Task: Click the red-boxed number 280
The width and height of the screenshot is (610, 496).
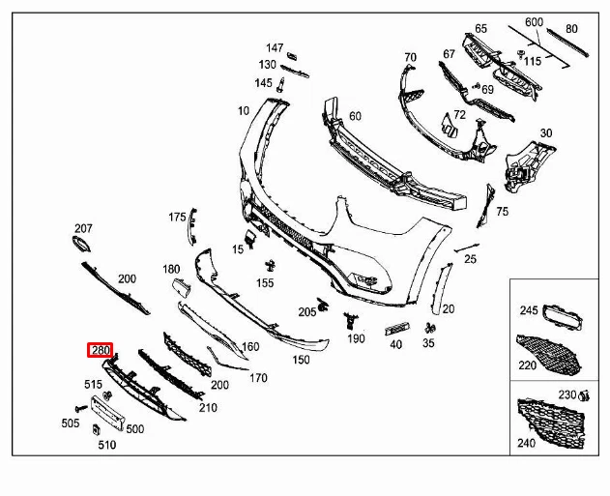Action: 101,350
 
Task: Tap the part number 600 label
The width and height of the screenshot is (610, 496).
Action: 534,22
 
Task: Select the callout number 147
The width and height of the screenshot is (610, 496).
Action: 276,47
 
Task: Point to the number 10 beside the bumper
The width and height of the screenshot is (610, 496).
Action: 243,111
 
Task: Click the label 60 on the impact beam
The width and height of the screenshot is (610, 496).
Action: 355,116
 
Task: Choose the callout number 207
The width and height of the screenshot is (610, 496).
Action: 83,229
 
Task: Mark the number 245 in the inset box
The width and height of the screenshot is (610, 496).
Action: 529,310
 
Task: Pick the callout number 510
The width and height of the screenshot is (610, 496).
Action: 106,445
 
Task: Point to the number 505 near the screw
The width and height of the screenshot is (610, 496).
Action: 71,423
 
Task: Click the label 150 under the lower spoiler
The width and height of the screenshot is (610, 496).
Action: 302,360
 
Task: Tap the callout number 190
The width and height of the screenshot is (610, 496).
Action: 357,338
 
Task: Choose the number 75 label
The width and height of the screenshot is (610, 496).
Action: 502,211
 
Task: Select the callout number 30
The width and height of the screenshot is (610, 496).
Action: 546,132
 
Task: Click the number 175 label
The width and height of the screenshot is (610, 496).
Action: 177,217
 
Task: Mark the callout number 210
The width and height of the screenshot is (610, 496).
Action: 208,408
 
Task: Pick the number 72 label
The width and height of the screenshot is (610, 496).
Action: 459,114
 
